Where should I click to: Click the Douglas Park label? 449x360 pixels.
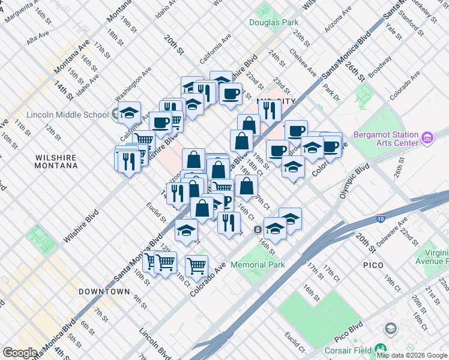point(274,23)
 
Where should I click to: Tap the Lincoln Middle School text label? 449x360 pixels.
point(67,115)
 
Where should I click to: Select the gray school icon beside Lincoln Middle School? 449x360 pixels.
point(115,115)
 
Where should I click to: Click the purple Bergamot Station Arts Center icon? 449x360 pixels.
point(427,139)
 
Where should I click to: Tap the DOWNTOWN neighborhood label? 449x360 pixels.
point(104,292)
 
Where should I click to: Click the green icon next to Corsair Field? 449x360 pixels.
point(380,349)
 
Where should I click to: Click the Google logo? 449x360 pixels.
point(20,353)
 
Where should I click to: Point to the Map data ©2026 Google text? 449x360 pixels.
point(412,355)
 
